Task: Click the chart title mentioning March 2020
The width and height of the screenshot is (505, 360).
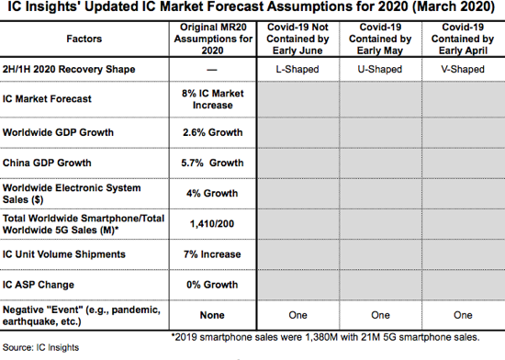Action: (x=252, y=10)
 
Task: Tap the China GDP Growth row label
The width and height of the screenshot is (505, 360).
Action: (x=50, y=163)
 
